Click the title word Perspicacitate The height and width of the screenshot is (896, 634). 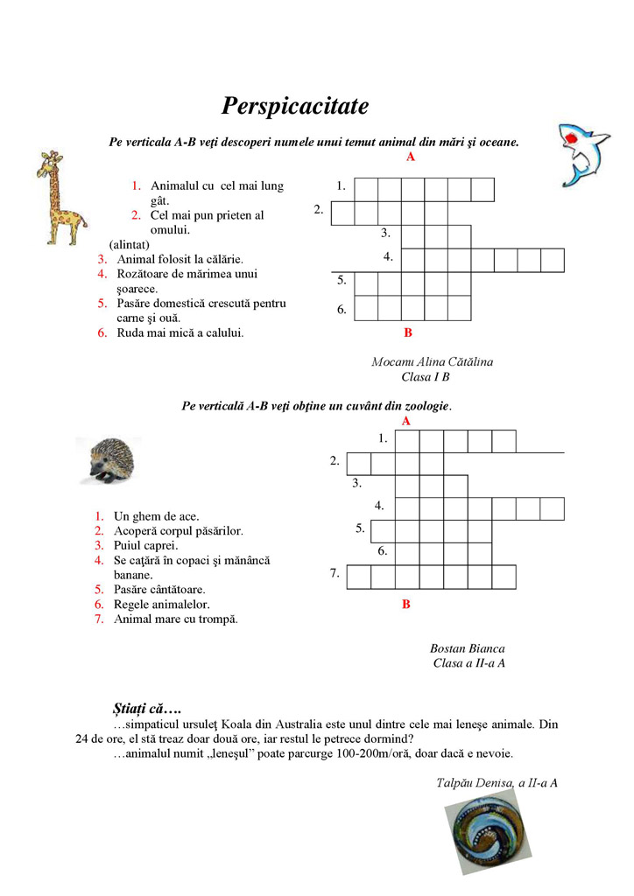click(x=295, y=107)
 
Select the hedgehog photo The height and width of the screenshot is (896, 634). click(x=109, y=460)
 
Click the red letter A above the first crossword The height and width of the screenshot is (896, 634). click(x=410, y=157)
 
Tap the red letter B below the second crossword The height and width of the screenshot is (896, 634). click(x=405, y=604)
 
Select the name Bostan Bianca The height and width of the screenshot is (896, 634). click(x=468, y=648)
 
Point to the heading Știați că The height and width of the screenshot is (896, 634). click(x=146, y=707)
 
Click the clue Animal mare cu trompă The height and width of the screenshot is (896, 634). click(x=176, y=619)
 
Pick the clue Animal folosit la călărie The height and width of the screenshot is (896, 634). click(x=180, y=259)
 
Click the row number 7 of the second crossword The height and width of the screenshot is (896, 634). click(x=335, y=574)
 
